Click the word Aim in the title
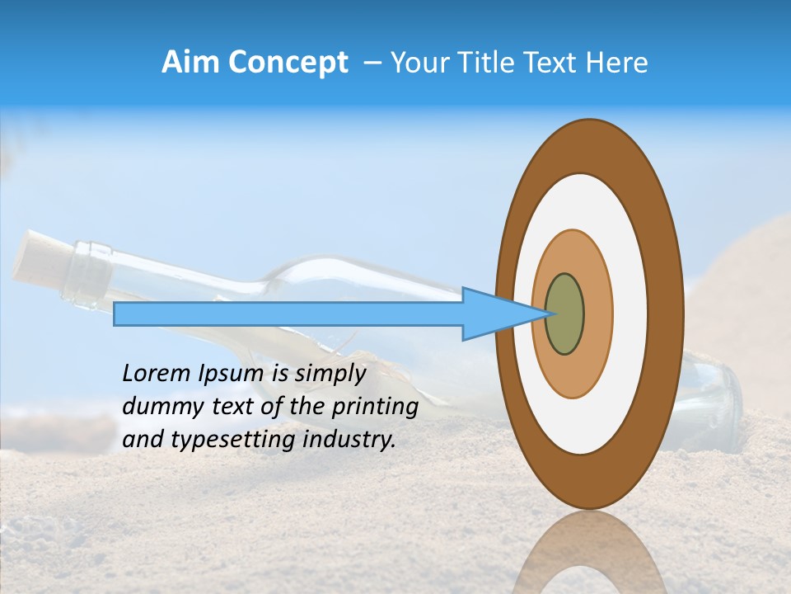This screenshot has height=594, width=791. [190, 63]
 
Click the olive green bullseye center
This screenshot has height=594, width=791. [564, 314]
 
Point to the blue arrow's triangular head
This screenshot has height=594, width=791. [494, 314]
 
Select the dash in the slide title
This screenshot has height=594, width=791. [372, 63]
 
